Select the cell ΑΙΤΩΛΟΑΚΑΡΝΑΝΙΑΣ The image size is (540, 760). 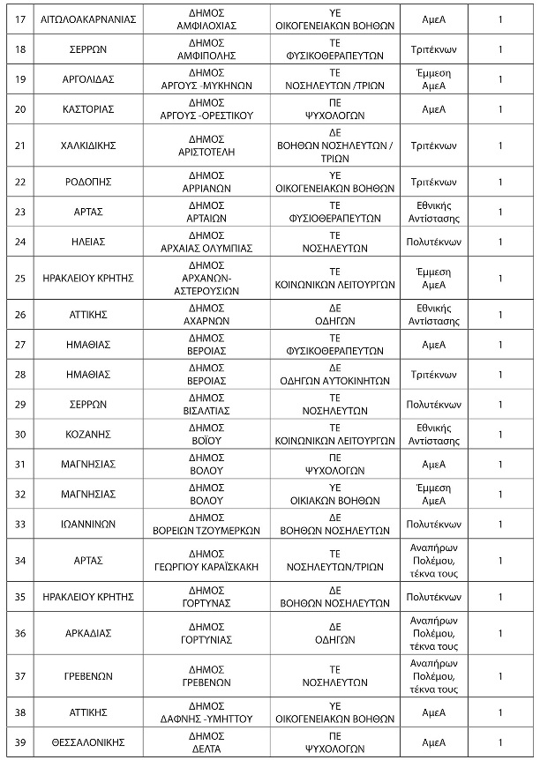tap(88, 19)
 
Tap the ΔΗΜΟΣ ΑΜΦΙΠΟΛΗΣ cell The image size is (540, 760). tap(209, 48)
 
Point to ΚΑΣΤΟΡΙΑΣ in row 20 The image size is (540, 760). tap(88, 109)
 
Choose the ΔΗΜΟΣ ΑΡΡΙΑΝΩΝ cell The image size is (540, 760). tap(209, 182)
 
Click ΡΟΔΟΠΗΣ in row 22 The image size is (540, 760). tap(88, 182)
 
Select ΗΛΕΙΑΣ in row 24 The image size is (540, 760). tap(88, 241)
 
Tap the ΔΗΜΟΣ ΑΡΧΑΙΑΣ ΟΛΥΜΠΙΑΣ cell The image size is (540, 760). tap(209, 241)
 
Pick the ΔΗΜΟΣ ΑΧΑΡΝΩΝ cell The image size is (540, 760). tap(209, 314)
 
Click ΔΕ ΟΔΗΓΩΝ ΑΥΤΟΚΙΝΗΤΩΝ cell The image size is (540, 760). tap(334, 374)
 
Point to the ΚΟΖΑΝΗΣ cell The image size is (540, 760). tap(88, 434)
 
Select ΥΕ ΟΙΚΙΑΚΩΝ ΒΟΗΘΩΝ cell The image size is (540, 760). tap(334, 494)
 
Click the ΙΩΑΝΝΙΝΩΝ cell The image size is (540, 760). tap(88, 524)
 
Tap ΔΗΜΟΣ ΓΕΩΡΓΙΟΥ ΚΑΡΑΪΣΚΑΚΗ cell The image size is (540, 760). tap(209, 560)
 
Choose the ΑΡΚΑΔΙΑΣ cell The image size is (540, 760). tap(88, 633)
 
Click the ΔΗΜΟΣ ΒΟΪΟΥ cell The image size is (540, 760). tap(209, 434)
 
